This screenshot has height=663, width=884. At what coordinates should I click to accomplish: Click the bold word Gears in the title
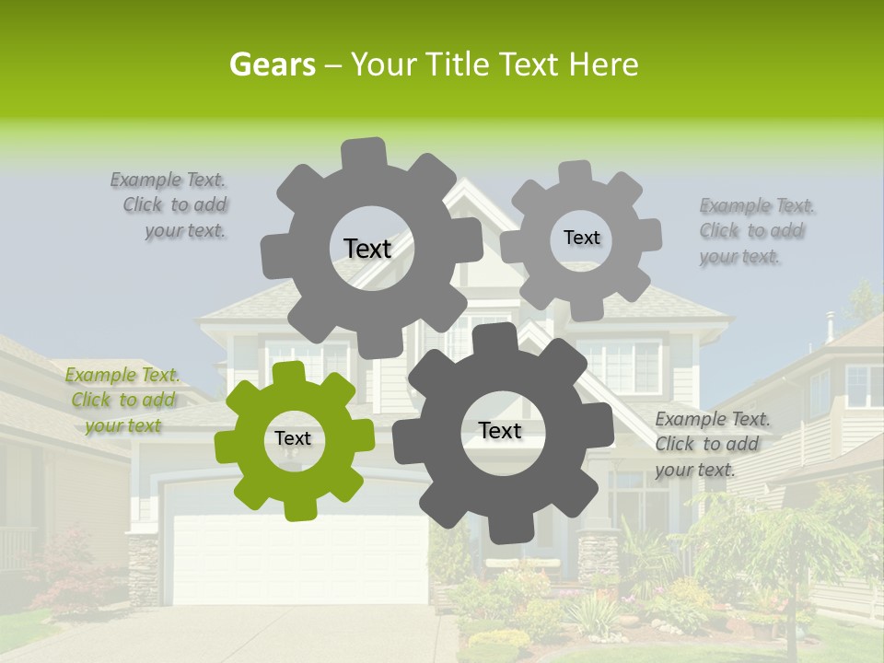pyautogui.click(x=272, y=64)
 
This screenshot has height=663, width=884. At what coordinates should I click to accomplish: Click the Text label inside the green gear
pyautogui.click(x=293, y=439)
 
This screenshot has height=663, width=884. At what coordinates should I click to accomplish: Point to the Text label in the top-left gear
pyautogui.click(x=367, y=249)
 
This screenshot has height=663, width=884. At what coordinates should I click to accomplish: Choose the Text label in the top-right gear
pyautogui.click(x=581, y=238)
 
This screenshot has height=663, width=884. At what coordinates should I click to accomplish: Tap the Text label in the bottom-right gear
pyautogui.click(x=500, y=431)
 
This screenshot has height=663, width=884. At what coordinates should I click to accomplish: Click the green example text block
pyautogui.click(x=122, y=401)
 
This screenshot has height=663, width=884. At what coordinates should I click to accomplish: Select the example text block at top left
pyautogui.click(x=173, y=205)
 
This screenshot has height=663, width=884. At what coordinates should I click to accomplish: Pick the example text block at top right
pyautogui.click(x=756, y=231)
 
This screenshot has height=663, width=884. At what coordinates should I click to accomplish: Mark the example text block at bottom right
pyautogui.click(x=711, y=445)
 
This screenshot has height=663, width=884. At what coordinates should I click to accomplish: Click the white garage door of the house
pyautogui.click(x=299, y=557)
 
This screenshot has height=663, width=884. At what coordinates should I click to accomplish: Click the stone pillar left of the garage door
pyautogui.click(x=143, y=566)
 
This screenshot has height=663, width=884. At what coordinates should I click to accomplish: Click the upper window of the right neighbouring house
pyautogui.click(x=864, y=385)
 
